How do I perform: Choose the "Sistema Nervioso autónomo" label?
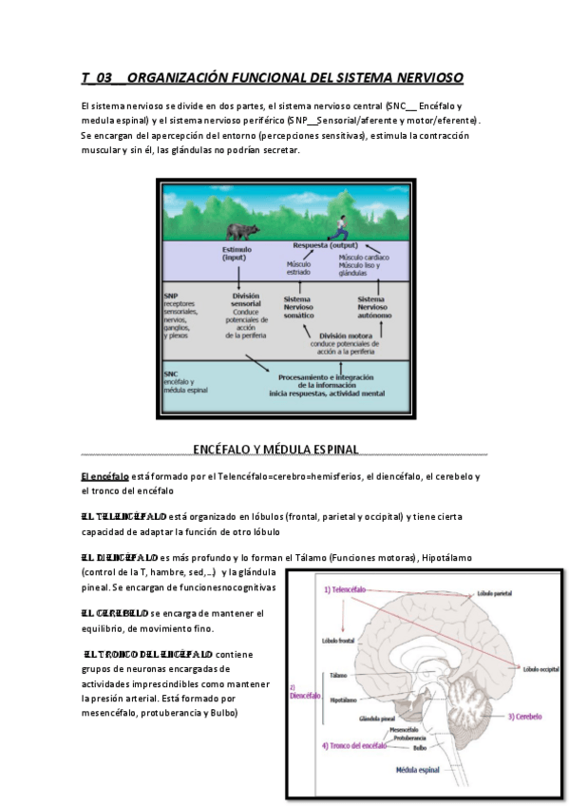click(372, 307)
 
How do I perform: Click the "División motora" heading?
click(348, 335)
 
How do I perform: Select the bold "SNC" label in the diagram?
click(171, 374)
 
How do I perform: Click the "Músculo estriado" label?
click(298, 267)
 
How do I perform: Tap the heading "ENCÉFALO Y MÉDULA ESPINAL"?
click(275, 449)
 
